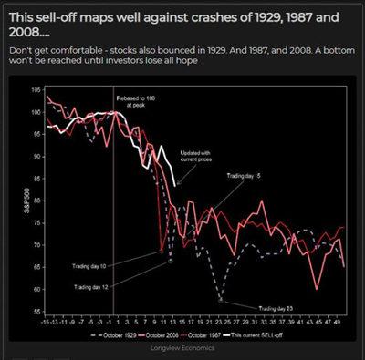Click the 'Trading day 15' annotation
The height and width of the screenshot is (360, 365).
tap(245, 173)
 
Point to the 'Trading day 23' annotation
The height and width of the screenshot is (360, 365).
tap(277, 308)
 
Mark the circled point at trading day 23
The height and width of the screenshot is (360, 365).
tap(221, 299)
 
